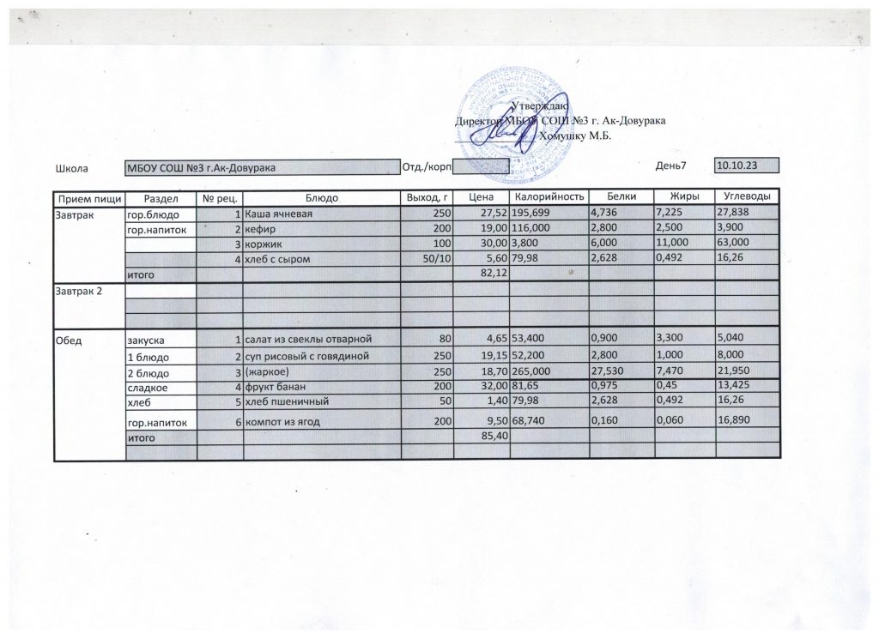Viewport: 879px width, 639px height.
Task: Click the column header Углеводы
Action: pyautogui.click(x=746, y=198)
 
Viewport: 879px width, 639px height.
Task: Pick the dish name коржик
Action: pyautogui.click(x=263, y=244)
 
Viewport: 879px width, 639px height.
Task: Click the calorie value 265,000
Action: pyautogui.click(x=533, y=372)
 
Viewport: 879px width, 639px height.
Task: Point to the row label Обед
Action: pyautogui.click(x=70, y=341)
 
